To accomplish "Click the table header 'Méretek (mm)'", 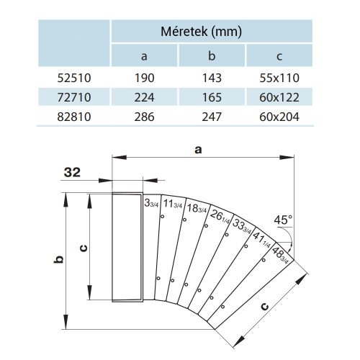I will [x=211, y=32].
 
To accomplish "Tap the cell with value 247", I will [x=212, y=115].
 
